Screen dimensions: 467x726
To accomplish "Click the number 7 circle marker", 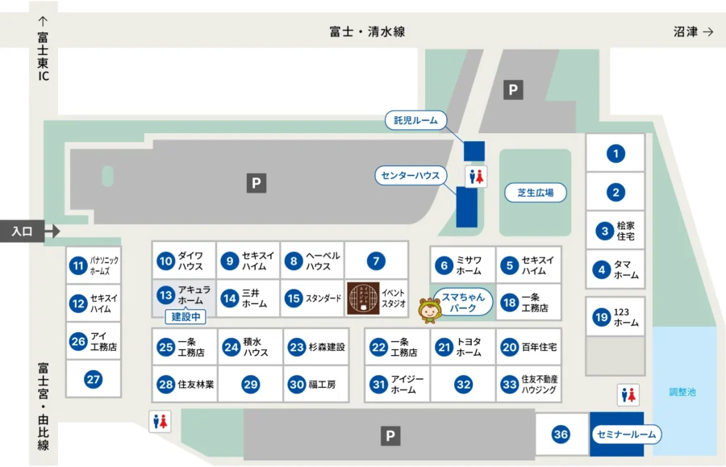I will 376,261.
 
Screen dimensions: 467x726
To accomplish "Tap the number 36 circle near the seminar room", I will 561,435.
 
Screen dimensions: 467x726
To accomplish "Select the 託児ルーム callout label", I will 415,121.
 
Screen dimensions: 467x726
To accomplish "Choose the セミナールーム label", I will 627,435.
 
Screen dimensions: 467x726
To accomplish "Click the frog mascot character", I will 428,308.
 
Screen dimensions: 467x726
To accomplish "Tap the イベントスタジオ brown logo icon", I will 362,298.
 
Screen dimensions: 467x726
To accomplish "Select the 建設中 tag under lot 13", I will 185,317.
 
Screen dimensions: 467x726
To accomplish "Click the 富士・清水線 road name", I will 367,31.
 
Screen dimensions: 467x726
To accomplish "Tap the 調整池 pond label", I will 682,392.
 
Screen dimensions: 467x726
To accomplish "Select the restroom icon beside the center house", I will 477,177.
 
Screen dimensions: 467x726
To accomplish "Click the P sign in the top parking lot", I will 512,90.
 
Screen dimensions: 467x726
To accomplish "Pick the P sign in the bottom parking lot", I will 390,436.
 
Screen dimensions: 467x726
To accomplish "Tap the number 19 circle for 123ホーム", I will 601,317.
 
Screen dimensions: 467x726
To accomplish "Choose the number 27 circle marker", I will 94,379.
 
